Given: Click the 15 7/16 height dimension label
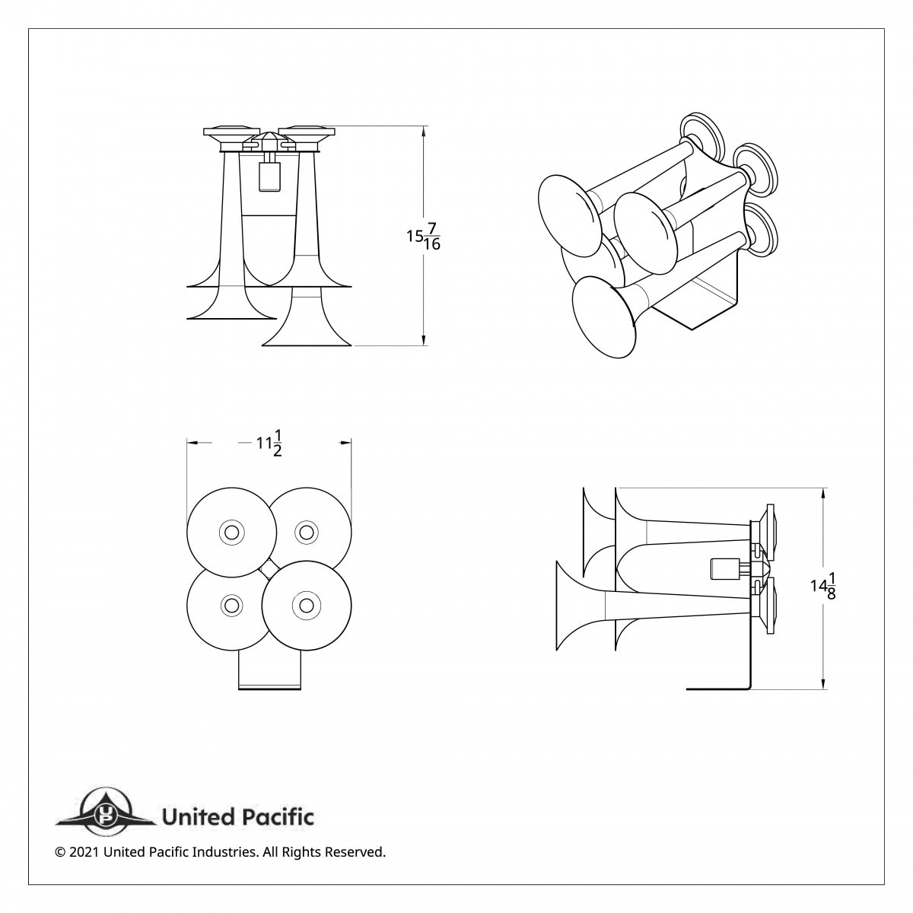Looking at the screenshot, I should [x=424, y=236].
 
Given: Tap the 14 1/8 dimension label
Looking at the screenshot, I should [x=823, y=587].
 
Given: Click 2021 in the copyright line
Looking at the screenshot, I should [x=84, y=852].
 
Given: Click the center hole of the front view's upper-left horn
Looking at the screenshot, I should [x=231, y=531].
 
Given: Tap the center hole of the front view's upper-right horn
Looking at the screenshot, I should [x=306, y=531].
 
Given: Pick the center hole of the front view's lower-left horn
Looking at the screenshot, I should [x=231, y=605].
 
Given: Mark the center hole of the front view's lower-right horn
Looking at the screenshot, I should [x=306, y=605].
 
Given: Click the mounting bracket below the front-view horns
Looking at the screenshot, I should [x=271, y=670].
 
